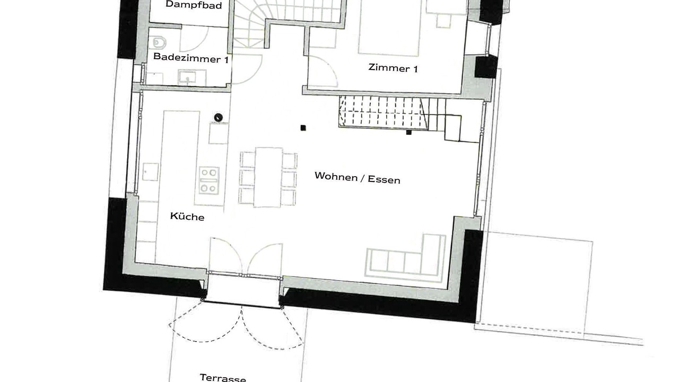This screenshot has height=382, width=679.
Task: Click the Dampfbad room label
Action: pyautogui.click(x=194, y=5)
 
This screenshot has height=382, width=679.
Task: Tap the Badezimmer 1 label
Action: pyautogui.click(x=191, y=58)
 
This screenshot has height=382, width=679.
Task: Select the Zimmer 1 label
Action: pyautogui.click(x=393, y=68)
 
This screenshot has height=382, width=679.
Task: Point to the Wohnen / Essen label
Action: pyautogui.click(x=358, y=178)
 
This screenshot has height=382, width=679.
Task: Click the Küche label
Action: pyautogui.click(x=187, y=216)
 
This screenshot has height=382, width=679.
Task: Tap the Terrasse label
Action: pyautogui.click(x=223, y=378)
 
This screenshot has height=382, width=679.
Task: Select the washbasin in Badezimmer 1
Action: pyautogui.click(x=192, y=77)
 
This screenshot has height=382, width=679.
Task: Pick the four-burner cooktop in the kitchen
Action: pyautogui.click(x=209, y=180)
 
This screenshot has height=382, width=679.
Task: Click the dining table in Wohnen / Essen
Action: pyautogui.click(x=268, y=177)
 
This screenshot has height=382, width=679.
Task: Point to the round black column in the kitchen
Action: pyautogui.click(x=218, y=117)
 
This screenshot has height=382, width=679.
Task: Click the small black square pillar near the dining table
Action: pyautogui.click(x=303, y=128)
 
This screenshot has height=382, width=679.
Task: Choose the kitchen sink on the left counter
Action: pyautogui.click(x=150, y=172)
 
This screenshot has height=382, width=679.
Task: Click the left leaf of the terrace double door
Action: pyautogui.click(x=225, y=255)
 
